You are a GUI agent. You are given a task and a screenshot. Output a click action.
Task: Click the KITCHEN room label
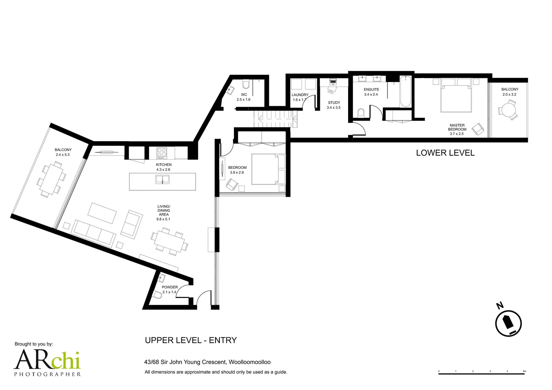164,165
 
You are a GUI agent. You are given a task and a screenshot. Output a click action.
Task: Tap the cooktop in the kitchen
162,153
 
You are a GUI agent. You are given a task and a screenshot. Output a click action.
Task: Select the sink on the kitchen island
162,179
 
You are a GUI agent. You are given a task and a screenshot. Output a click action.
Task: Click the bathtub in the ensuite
405,92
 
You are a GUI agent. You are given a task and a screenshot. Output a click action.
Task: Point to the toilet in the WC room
246,84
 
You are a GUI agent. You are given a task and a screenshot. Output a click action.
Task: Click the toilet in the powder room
158,295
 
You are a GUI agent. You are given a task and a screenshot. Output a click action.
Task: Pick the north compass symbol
508,323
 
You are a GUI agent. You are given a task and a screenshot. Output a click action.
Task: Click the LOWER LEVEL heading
445,153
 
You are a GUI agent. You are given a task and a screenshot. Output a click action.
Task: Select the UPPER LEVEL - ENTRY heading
191,340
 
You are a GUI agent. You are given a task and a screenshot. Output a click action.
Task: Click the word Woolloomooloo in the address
249,362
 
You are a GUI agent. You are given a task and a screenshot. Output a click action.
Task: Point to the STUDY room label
334,103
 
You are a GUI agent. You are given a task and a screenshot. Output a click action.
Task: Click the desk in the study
333,82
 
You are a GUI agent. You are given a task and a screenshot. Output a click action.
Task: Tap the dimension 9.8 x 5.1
163,219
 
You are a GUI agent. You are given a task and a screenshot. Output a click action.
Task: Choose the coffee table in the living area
102,213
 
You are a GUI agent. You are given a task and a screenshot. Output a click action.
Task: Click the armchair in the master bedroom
478,130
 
